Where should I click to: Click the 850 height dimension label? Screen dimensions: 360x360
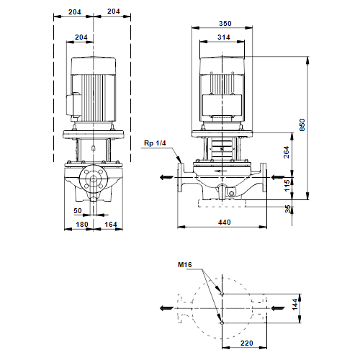302,125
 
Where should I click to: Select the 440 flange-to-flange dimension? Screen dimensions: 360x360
225,222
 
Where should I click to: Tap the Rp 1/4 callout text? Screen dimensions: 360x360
155,143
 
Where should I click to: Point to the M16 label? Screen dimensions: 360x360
185,265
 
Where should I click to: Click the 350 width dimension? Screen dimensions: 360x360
225,24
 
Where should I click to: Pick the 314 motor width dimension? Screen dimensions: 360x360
224,37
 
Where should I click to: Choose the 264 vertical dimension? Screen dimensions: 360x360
287,152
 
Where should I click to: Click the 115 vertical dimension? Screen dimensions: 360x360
287,186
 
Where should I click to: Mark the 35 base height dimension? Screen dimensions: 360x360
288,209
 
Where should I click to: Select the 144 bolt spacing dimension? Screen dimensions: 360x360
295,305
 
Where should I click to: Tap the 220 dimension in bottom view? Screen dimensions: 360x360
247,343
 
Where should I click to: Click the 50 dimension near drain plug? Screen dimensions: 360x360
78,211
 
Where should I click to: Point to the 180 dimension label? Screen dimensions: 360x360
82,225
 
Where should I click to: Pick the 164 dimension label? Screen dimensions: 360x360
111,225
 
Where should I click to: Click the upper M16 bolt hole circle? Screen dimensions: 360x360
222,294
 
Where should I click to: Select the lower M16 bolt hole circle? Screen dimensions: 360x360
222,323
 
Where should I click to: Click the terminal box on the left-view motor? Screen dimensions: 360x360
74,105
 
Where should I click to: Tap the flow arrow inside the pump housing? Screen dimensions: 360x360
220,171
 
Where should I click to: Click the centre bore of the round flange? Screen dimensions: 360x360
94,179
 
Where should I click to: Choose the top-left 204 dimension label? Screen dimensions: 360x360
75,12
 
